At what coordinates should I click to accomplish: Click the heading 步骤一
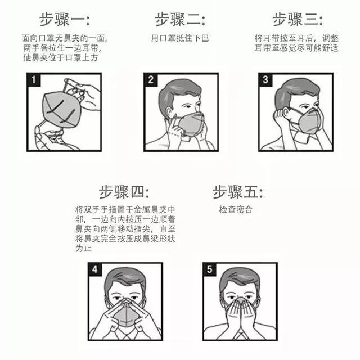point(64,20)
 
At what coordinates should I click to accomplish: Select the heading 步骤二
point(180,20)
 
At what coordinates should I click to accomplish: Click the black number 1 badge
point(34,80)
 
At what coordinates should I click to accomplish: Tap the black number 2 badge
point(151,80)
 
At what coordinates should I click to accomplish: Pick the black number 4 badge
point(95,269)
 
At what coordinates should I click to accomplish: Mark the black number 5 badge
point(210,269)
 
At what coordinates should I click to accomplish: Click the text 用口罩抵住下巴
point(180,38)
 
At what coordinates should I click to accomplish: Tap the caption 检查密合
point(236,210)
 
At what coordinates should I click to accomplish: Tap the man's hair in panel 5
point(240,278)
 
